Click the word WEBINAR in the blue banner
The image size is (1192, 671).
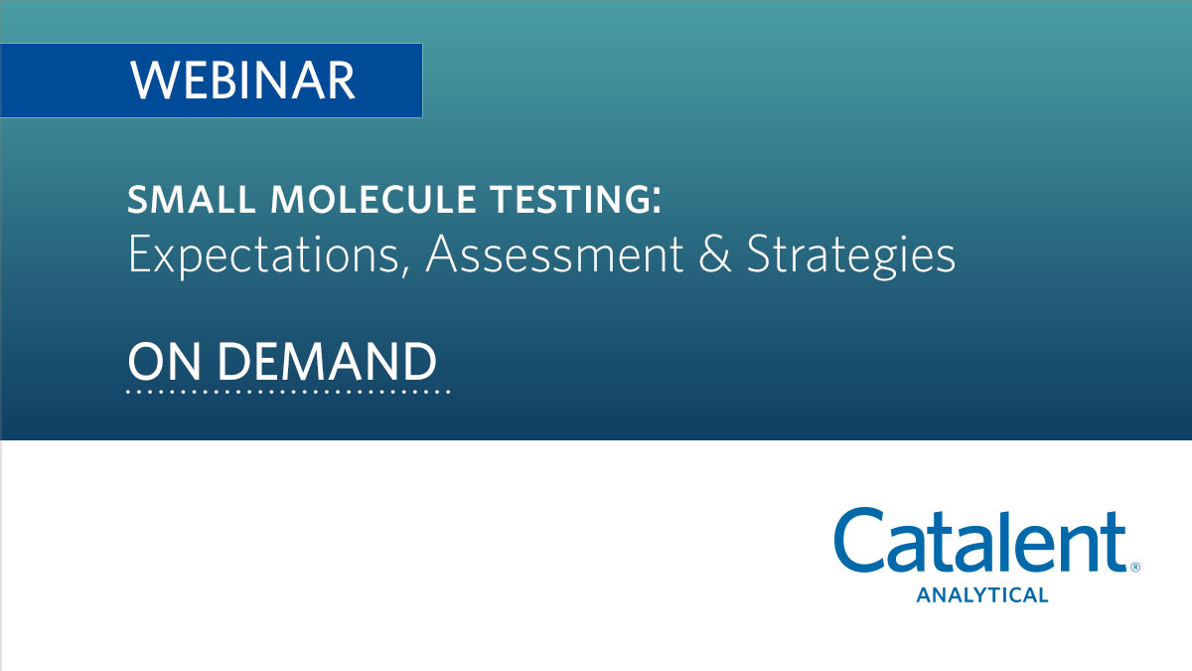[x=242, y=80]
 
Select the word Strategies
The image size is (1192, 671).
[x=851, y=255]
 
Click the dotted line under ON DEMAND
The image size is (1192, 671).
[x=288, y=392]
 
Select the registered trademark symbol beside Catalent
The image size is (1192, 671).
[x=1134, y=568]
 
